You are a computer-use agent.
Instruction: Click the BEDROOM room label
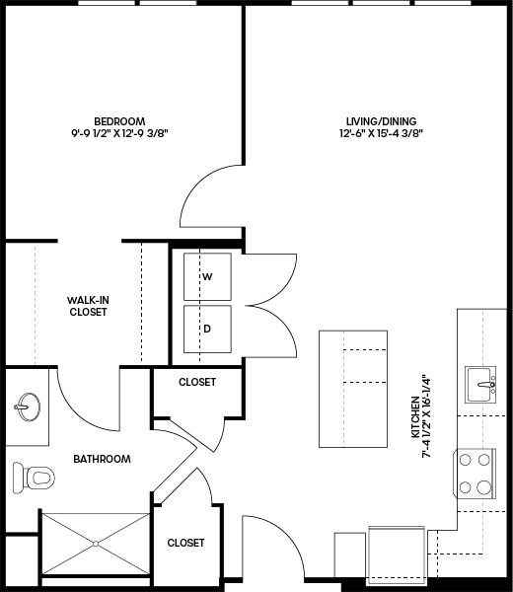tap(119, 121)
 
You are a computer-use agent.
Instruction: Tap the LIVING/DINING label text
tap(381, 121)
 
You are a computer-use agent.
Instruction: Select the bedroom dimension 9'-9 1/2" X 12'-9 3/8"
tap(119, 133)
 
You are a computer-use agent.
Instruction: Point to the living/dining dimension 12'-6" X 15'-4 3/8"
tap(381, 133)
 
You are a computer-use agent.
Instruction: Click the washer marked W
tap(207, 276)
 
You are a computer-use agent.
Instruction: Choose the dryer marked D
tap(207, 329)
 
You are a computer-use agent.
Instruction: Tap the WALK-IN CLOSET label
tap(88, 306)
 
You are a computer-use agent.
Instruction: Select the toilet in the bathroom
tap(34, 478)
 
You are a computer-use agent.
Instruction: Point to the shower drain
tap(96, 544)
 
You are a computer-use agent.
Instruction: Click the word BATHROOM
tap(102, 459)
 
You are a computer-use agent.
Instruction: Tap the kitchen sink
tap(480, 385)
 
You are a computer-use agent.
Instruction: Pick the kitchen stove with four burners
tap(475, 474)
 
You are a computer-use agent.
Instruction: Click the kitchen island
tap(353, 389)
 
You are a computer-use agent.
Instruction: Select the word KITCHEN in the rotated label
tap(415, 416)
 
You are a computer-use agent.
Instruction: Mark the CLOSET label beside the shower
tap(185, 543)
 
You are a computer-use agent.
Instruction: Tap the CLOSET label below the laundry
tap(197, 382)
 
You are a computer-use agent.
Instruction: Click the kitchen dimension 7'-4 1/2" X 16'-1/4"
tap(426, 416)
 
